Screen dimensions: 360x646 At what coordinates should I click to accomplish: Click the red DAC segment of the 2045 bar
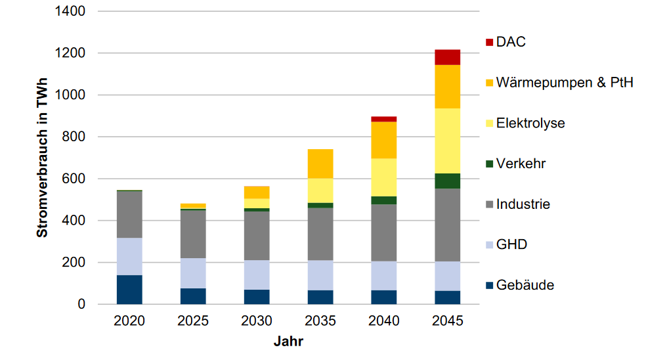[447, 57]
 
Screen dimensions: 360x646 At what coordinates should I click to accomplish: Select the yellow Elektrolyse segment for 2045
[447, 141]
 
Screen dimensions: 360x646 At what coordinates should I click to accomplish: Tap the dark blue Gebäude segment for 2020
[129, 290]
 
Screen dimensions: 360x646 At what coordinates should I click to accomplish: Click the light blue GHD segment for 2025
[193, 273]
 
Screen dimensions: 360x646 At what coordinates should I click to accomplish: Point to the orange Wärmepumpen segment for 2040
[383, 140]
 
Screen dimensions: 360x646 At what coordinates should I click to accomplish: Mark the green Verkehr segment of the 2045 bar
[447, 181]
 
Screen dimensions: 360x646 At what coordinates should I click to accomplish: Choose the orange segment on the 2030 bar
[257, 192]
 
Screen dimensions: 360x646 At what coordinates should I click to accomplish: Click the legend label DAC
[511, 42]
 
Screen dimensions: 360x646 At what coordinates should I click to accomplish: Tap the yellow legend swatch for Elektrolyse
[488, 124]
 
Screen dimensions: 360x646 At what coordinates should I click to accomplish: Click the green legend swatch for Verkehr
[488, 164]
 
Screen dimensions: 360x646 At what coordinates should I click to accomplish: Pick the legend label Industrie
[523, 204]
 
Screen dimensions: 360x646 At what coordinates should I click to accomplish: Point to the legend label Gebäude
[525, 285]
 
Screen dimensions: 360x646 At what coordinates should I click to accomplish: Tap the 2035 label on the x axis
[320, 321]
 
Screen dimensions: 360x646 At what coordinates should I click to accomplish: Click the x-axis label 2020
[129, 321]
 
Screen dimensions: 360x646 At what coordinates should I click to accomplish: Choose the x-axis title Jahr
[288, 342]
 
